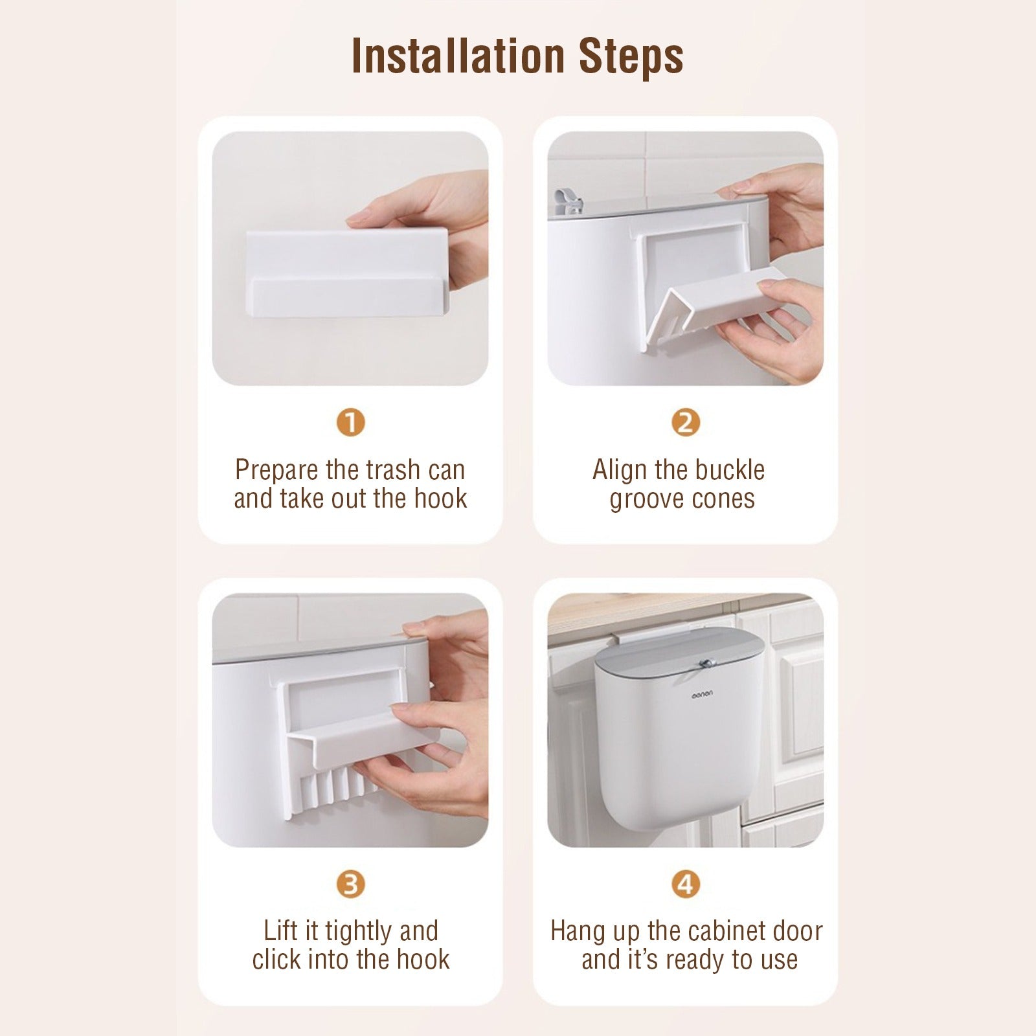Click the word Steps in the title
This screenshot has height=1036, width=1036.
(631, 56)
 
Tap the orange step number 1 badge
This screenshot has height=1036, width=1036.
(350, 423)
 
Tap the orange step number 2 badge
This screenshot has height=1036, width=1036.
(685, 423)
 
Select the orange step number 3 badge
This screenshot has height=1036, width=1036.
(350, 884)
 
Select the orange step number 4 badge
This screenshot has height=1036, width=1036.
(685, 884)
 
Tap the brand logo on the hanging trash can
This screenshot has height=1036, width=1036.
(701, 693)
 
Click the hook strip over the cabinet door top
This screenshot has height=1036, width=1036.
(647, 635)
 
